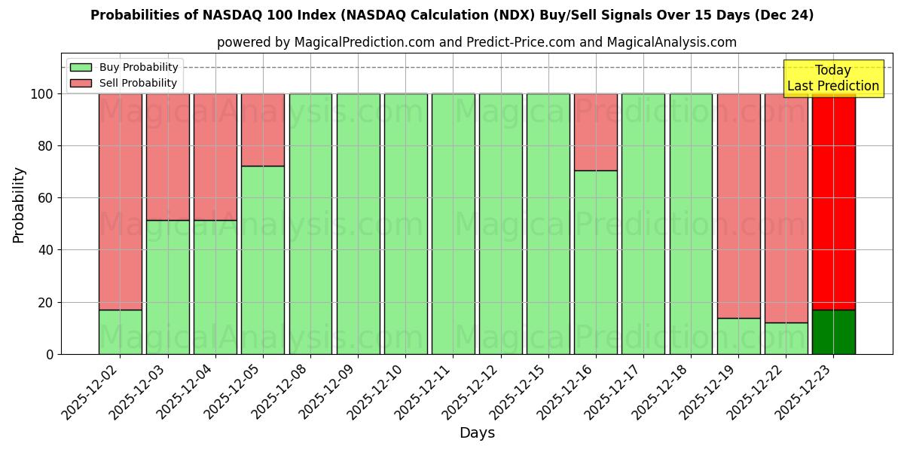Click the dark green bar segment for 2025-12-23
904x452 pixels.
(x=833, y=332)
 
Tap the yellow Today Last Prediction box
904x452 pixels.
(x=832, y=78)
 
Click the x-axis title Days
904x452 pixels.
(x=477, y=433)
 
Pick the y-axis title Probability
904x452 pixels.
(x=19, y=204)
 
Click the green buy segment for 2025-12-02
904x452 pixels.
(x=120, y=332)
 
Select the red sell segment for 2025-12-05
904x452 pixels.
(x=263, y=130)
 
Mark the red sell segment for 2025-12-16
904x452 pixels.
(x=595, y=132)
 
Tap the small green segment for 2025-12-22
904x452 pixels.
(x=786, y=338)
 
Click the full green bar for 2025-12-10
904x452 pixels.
(x=405, y=224)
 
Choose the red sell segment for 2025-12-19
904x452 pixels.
(x=738, y=205)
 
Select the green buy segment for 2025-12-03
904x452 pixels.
(x=167, y=287)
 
